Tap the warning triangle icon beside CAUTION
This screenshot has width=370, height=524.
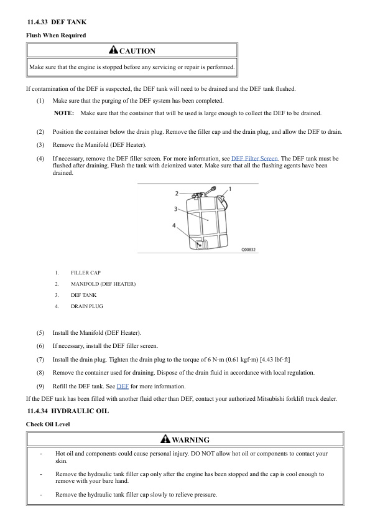pos(113,50)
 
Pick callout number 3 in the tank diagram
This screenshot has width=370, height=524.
pos(177,208)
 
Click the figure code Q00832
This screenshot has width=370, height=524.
pos(249,250)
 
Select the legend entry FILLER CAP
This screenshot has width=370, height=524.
pos(85,273)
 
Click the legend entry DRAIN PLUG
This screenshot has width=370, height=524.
pos(87,306)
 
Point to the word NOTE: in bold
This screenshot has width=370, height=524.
pos(64,113)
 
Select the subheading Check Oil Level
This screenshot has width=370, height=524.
pos(47,424)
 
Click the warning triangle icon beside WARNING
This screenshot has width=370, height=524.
pos(165,439)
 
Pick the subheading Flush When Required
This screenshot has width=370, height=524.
pos(55,35)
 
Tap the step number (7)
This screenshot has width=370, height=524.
pos(40,360)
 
